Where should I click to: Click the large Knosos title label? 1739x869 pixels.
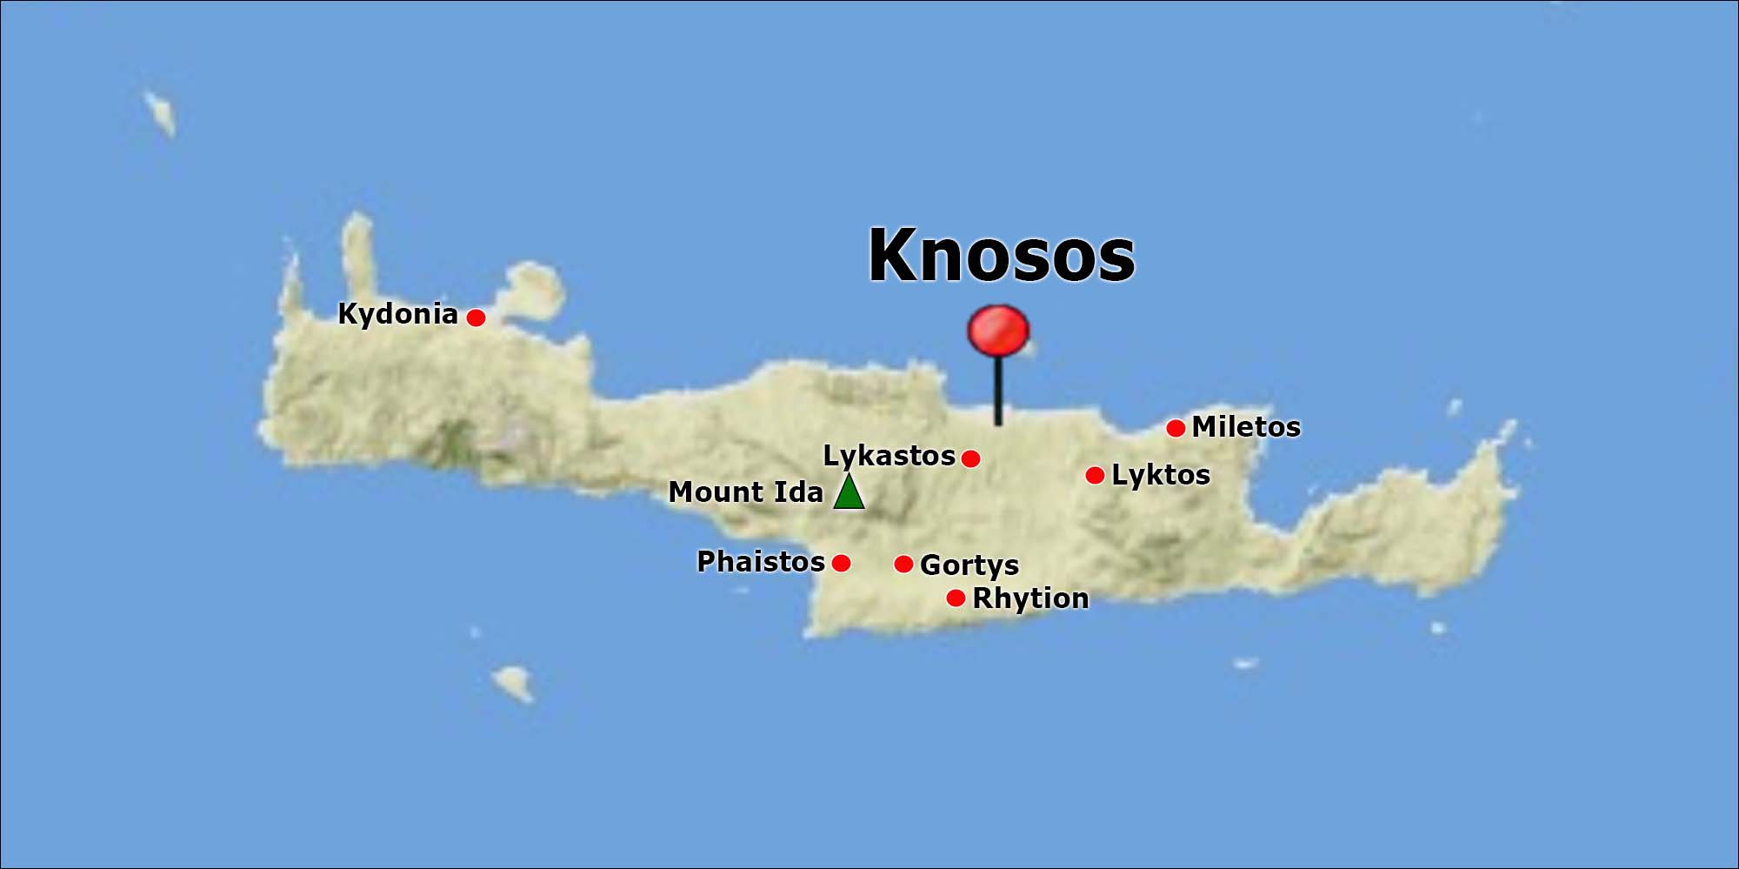(1002, 256)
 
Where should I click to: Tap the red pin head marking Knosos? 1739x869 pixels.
(998, 330)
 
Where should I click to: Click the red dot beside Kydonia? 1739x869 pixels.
(476, 318)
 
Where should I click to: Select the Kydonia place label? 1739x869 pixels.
(397, 314)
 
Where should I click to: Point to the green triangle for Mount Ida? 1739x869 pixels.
(849, 492)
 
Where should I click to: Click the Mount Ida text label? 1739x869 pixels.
(745, 492)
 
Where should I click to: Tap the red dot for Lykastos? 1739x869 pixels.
(971, 458)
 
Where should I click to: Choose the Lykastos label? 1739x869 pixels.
(889, 456)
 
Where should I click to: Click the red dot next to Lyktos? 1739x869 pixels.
(1095, 475)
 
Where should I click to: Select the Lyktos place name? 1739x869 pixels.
(1161, 475)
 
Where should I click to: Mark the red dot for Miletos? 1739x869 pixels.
(1176, 428)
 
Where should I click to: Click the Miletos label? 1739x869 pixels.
(1246, 427)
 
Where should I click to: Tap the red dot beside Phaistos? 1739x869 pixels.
(841, 563)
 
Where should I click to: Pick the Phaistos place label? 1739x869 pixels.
(761, 562)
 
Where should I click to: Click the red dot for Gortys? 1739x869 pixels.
(903, 564)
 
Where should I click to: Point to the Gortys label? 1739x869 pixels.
(969, 565)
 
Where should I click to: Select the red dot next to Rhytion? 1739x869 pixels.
(956, 598)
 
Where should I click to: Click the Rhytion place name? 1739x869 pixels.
(1030, 598)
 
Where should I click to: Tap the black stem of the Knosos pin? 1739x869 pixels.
(998, 391)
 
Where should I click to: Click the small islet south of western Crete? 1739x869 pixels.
(513, 682)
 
